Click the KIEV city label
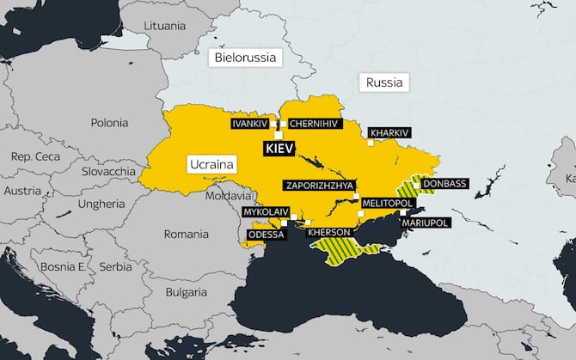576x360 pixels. (x=280, y=149)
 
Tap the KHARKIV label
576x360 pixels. (x=390, y=133)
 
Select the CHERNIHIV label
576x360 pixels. (x=316, y=124)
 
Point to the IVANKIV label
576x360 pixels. (x=250, y=124)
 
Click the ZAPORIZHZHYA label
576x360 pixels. (x=319, y=185)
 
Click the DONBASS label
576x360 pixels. (x=444, y=184)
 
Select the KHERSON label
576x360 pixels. (x=328, y=232)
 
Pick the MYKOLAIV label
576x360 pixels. (x=265, y=211)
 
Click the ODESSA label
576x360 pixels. (x=266, y=234)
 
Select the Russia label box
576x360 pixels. (x=383, y=83)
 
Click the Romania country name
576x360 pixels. (x=186, y=234)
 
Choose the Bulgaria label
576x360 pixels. (x=186, y=292)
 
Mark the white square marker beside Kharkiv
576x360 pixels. (x=371, y=143)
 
